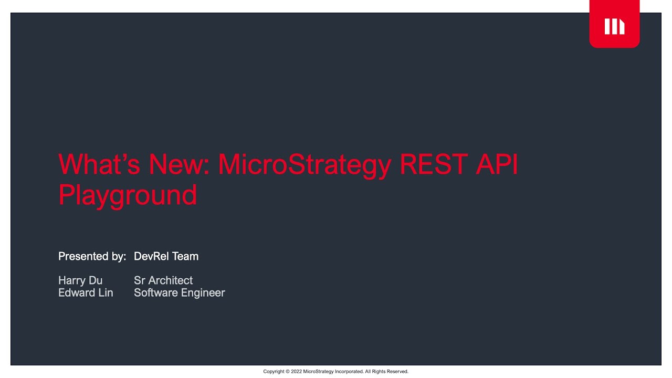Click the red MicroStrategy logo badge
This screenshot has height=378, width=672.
pos(614,25)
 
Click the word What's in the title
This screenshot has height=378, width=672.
pos(99,164)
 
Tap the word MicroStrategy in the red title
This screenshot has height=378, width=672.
pos(304,164)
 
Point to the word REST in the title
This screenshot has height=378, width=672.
pos(434,164)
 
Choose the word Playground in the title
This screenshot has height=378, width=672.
pos(128,195)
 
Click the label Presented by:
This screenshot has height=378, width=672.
pos(92,256)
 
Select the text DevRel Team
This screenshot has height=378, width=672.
pos(166,256)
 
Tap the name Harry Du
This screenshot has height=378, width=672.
pos(80,280)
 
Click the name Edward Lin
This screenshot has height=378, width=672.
pos(86,293)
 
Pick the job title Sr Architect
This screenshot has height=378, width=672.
pos(163,280)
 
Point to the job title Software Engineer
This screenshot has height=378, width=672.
pos(179,293)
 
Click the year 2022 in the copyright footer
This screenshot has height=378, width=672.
pos(297,372)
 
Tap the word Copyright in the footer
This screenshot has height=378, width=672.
pos(274,372)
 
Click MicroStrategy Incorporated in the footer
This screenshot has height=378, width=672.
pos(333,372)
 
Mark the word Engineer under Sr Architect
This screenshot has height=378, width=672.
pos(202,293)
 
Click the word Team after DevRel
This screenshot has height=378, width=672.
pos(185,256)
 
